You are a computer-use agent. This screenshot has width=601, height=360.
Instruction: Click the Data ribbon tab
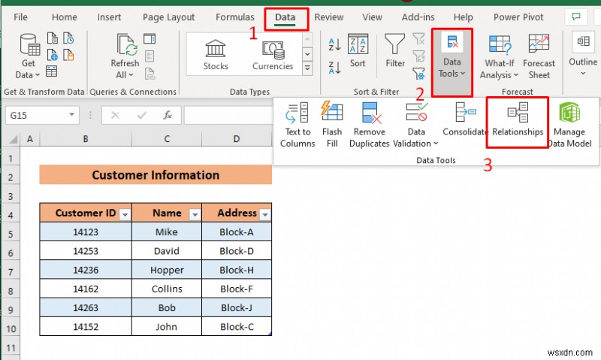coord(285,17)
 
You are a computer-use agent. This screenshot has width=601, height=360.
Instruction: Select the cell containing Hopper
coord(166,270)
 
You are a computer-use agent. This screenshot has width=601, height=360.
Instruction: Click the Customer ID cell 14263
coord(86,307)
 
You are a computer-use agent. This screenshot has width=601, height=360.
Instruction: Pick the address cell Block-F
coord(237,289)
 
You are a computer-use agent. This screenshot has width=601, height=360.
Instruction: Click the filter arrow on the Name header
coord(195,214)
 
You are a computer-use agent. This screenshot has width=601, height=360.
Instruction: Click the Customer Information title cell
coord(156,175)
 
